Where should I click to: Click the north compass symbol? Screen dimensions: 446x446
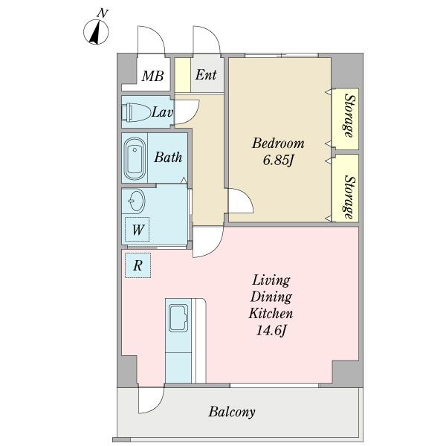96,31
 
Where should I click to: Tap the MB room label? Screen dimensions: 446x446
152,76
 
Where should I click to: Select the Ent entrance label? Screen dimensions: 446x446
206,74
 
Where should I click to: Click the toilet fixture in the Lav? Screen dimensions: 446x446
136,112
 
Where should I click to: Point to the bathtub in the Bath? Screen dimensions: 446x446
135,159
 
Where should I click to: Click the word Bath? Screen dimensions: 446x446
168,157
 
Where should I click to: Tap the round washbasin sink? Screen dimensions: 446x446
136,201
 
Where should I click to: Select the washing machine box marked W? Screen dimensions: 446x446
138,229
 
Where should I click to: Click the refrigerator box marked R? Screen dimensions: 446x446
138,265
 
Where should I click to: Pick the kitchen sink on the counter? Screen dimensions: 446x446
178,318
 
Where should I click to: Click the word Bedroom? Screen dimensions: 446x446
278,143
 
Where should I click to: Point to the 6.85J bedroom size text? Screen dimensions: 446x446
278,161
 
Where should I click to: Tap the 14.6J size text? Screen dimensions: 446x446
271,331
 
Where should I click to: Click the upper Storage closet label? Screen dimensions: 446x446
349,115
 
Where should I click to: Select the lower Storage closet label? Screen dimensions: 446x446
350,197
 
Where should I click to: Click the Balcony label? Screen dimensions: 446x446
232,412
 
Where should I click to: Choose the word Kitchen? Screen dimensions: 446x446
271,314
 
